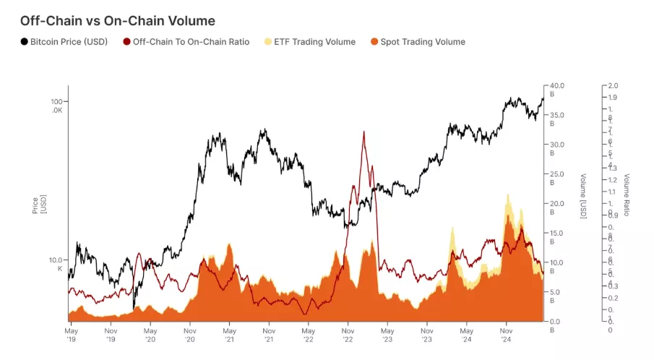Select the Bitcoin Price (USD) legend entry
(x=69, y=42)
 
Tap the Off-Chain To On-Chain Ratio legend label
(x=191, y=42)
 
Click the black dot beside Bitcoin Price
(x=25, y=42)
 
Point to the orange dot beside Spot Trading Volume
(x=375, y=42)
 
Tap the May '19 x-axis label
(x=70, y=333)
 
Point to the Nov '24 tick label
(x=505, y=333)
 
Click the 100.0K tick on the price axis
(x=56, y=106)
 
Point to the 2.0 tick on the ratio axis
(x=612, y=86)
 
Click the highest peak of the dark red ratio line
(x=363, y=132)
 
